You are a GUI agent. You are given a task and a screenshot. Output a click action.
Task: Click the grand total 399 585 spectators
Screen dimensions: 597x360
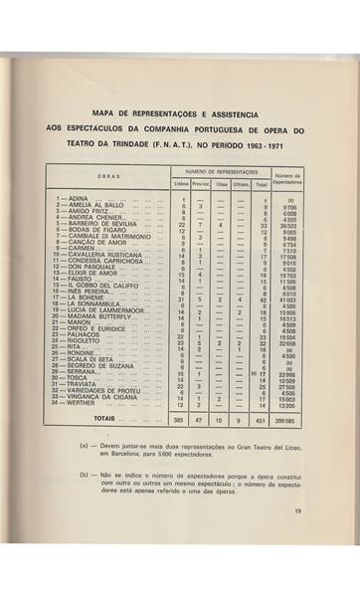[294, 420]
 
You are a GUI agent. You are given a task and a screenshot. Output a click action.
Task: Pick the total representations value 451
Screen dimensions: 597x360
[262, 420]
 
